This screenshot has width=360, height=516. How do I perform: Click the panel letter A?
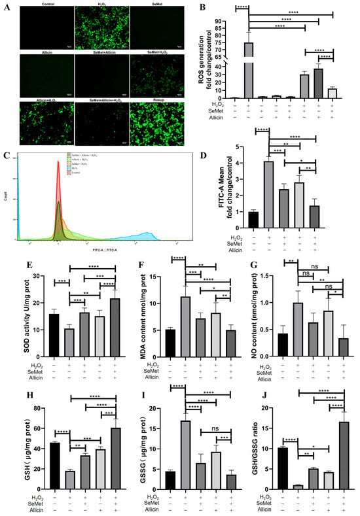click(x=6, y=7)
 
